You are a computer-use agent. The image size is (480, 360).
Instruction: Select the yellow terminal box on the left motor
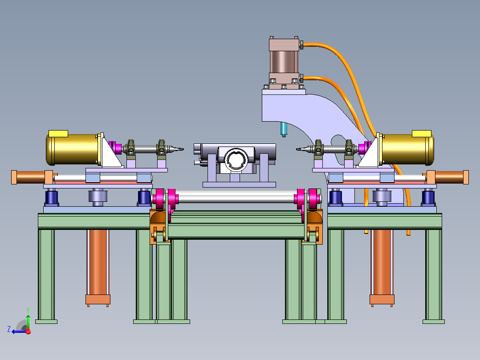[58, 134]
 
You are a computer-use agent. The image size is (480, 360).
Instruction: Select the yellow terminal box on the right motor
[422, 134]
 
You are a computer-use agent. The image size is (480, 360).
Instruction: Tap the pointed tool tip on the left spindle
[183, 149]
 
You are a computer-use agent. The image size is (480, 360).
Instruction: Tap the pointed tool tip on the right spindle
[297, 149]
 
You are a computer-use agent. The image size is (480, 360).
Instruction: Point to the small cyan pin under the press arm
[284, 129]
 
